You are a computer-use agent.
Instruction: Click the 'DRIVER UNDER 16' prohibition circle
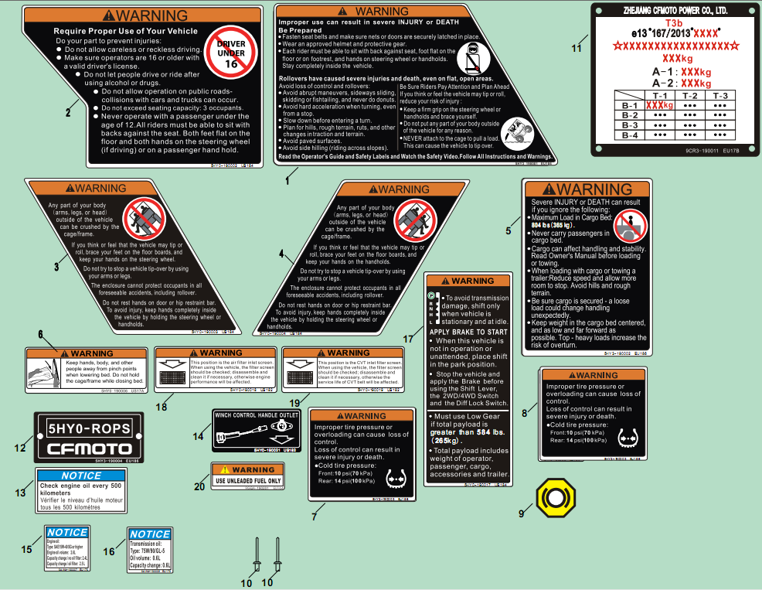pyautogui.click(x=231, y=53)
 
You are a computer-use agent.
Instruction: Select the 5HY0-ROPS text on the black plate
pyautogui.click(x=88, y=428)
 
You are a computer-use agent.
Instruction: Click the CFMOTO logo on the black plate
pyautogui.click(x=88, y=449)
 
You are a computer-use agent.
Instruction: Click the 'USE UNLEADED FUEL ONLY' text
pyautogui.click(x=248, y=480)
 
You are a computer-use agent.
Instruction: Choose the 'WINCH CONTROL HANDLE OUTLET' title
pyautogui.click(x=256, y=414)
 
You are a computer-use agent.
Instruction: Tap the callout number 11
pyautogui.click(x=575, y=48)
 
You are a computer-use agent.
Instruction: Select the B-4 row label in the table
pyautogui.click(x=629, y=135)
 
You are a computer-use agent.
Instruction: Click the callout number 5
pyautogui.click(x=508, y=230)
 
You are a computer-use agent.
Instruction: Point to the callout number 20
pyautogui.click(x=199, y=486)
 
